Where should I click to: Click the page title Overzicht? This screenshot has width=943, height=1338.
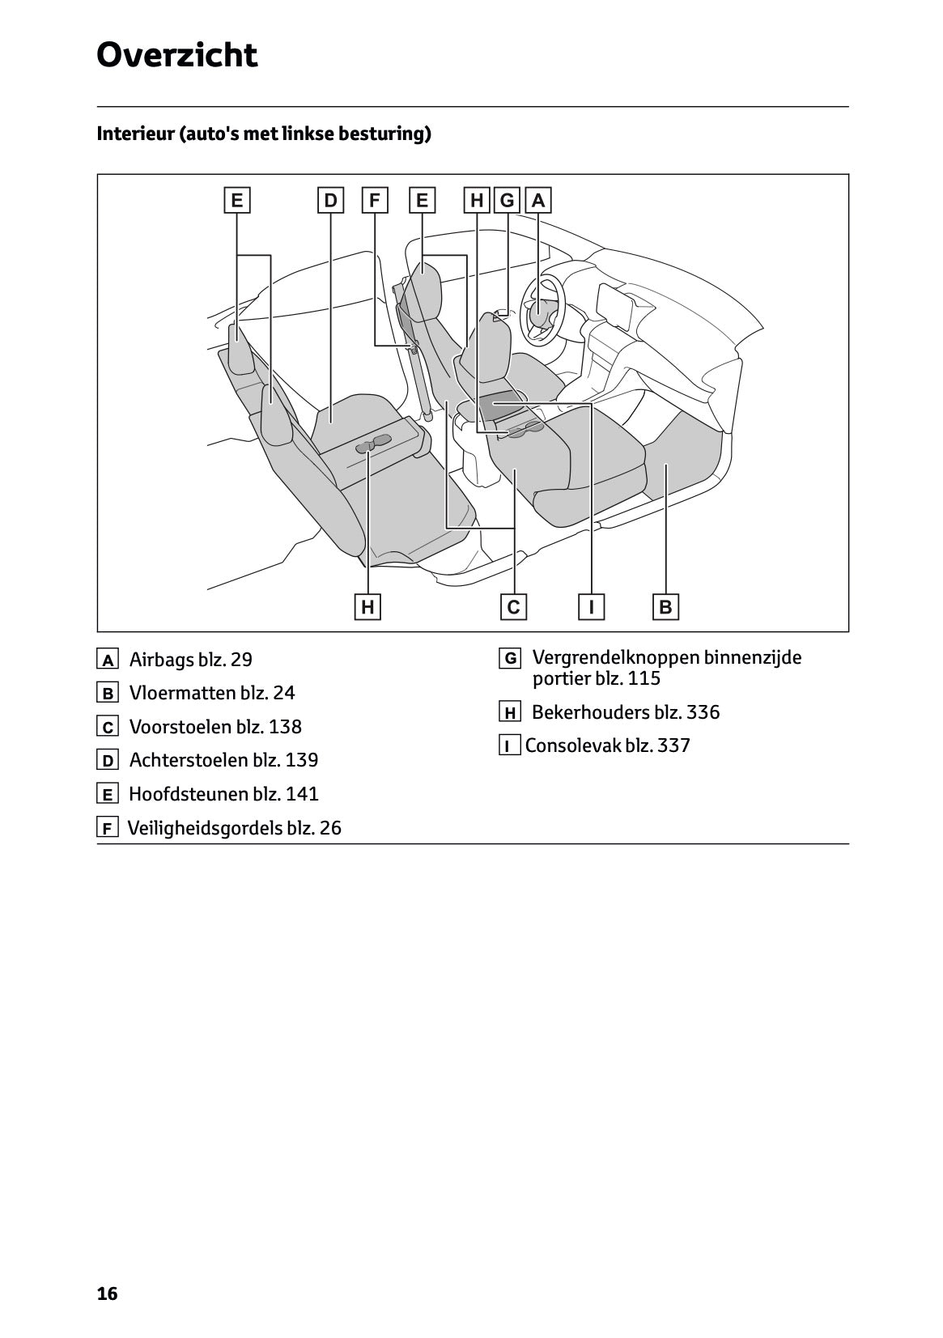(176, 56)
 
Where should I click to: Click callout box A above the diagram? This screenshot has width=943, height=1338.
(538, 200)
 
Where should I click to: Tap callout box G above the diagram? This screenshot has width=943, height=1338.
(508, 200)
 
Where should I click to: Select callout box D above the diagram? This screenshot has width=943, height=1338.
(330, 200)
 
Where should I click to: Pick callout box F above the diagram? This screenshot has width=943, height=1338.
(374, 200)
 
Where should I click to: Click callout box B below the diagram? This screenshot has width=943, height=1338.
(665, 606)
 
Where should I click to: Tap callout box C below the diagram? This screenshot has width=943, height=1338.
(513, 606)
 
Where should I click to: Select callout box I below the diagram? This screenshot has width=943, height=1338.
(592, 606)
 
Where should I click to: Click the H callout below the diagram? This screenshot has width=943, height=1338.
(367, 606)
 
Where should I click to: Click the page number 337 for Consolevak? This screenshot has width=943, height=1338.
(673, 745)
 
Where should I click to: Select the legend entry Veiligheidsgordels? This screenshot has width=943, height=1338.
(205, 828)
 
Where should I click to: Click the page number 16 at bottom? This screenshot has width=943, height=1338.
(107, 1293)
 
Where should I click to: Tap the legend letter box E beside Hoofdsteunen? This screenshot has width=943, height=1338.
(107, 794)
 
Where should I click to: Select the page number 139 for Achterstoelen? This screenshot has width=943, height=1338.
(301, 760)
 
